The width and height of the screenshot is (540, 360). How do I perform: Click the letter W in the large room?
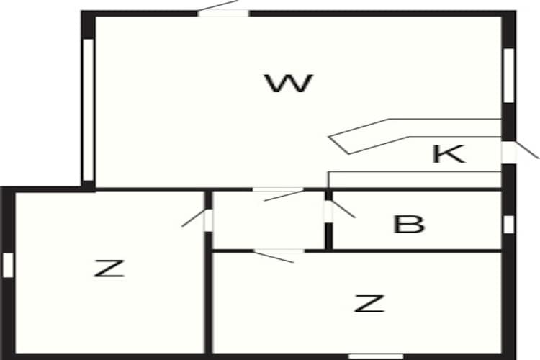289,84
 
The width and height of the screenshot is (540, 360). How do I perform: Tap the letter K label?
449,153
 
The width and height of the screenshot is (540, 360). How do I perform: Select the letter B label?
409,224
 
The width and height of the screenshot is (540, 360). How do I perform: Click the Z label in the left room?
109,269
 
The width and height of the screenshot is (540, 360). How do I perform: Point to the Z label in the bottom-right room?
369,304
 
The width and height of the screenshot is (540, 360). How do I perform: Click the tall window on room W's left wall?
88,109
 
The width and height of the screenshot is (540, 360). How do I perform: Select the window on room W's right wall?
508,76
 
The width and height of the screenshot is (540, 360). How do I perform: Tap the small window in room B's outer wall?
508,224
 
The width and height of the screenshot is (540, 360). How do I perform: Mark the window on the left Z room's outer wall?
8,265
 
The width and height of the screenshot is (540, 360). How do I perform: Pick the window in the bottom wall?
376,356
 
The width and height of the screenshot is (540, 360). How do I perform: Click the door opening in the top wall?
222,14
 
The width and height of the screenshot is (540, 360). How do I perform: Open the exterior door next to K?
509,152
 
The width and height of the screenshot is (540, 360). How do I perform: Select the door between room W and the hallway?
278,190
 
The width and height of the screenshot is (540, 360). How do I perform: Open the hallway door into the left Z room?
208,220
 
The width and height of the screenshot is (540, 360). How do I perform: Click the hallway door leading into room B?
329,211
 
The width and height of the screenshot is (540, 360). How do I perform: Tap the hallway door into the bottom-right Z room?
279,251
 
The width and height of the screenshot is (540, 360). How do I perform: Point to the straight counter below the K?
415,180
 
